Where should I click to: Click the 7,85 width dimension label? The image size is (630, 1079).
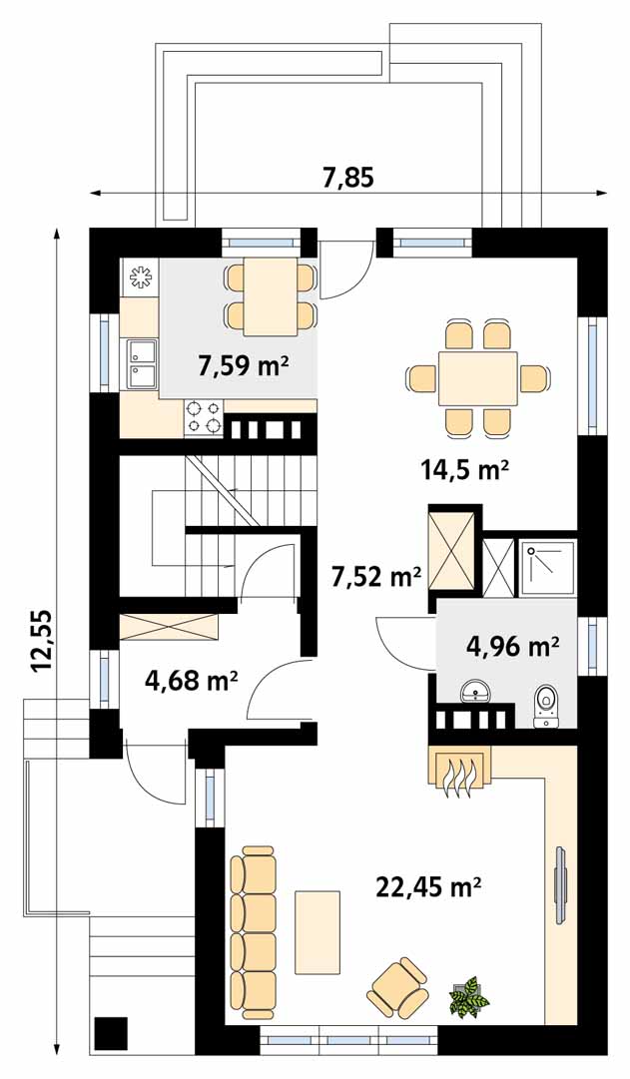[348, 178]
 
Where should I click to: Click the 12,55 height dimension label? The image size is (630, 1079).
[40, 639]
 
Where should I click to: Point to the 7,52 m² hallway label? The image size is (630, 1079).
[376, 575]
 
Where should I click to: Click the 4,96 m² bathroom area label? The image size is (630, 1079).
[512, 646]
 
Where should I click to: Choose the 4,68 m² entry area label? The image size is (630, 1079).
[192, 682]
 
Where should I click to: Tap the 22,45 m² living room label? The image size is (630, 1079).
[428, 887]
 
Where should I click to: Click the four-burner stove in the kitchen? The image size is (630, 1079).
[204, 417]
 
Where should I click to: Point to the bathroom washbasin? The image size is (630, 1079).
[476, 691]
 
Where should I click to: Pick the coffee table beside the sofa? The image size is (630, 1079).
[317, 931]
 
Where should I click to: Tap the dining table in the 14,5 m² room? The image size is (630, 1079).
[478, 379]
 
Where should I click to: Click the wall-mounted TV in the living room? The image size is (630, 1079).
[561, 882]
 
